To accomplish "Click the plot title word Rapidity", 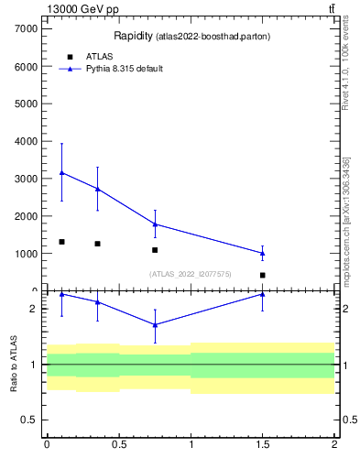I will click(x=132, y=36).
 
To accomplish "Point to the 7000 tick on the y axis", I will click(x=24, y=28).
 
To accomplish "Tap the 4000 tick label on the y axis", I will click(x=24, y=141).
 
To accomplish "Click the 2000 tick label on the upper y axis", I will click(x=24, y=216).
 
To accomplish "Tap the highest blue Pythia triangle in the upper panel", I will click(x=61, y=172).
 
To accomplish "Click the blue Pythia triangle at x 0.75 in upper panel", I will click(x=155, y=224).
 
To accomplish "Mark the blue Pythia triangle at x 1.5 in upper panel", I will click(x=263, y=253).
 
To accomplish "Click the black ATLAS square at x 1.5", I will click(x=263, y=275).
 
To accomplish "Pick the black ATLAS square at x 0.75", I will click(x=155, y=250).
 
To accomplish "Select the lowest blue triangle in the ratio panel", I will click(x=155, y=324).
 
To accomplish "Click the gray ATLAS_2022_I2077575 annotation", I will click(x=191, y=274).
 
